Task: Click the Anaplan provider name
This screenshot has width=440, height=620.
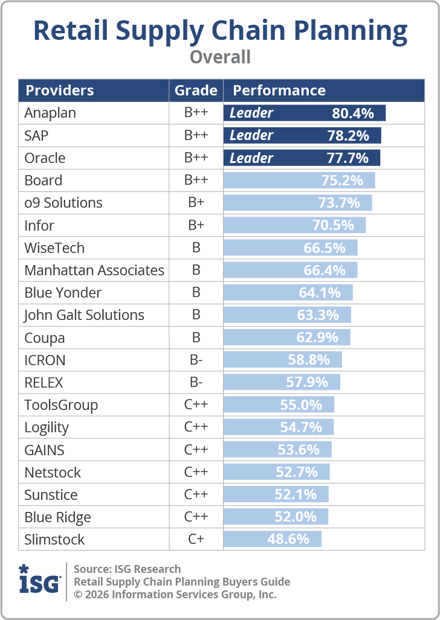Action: pos(50,113)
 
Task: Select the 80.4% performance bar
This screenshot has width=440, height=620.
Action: pos(304,113)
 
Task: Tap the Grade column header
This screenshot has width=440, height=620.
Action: pos(196,91)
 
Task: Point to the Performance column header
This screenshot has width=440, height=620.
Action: pos(279,91)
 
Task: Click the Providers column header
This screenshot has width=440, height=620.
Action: pos(60,91)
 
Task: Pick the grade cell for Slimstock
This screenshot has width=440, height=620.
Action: pos(196,539)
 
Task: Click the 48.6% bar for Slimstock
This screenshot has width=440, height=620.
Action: pos(273,539)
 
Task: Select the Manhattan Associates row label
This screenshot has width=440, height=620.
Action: pos(94,270)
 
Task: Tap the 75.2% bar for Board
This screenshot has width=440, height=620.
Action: pos(299,181)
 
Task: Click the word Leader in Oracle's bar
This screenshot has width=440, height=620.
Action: pos(251,158)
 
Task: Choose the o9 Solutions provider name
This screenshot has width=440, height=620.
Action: pos(63,203)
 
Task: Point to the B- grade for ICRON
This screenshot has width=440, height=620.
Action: pos(196,360)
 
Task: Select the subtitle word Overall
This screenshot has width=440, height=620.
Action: pos(220,57)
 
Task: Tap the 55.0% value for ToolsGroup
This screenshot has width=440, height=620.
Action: pos(301,405)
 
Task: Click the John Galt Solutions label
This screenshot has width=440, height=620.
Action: pos(84,315)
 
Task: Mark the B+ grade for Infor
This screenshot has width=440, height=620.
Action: pos(196,225)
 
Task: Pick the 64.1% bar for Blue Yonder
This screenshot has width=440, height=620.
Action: pos(288,293)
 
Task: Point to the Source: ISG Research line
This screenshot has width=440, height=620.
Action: pos(127,569)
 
